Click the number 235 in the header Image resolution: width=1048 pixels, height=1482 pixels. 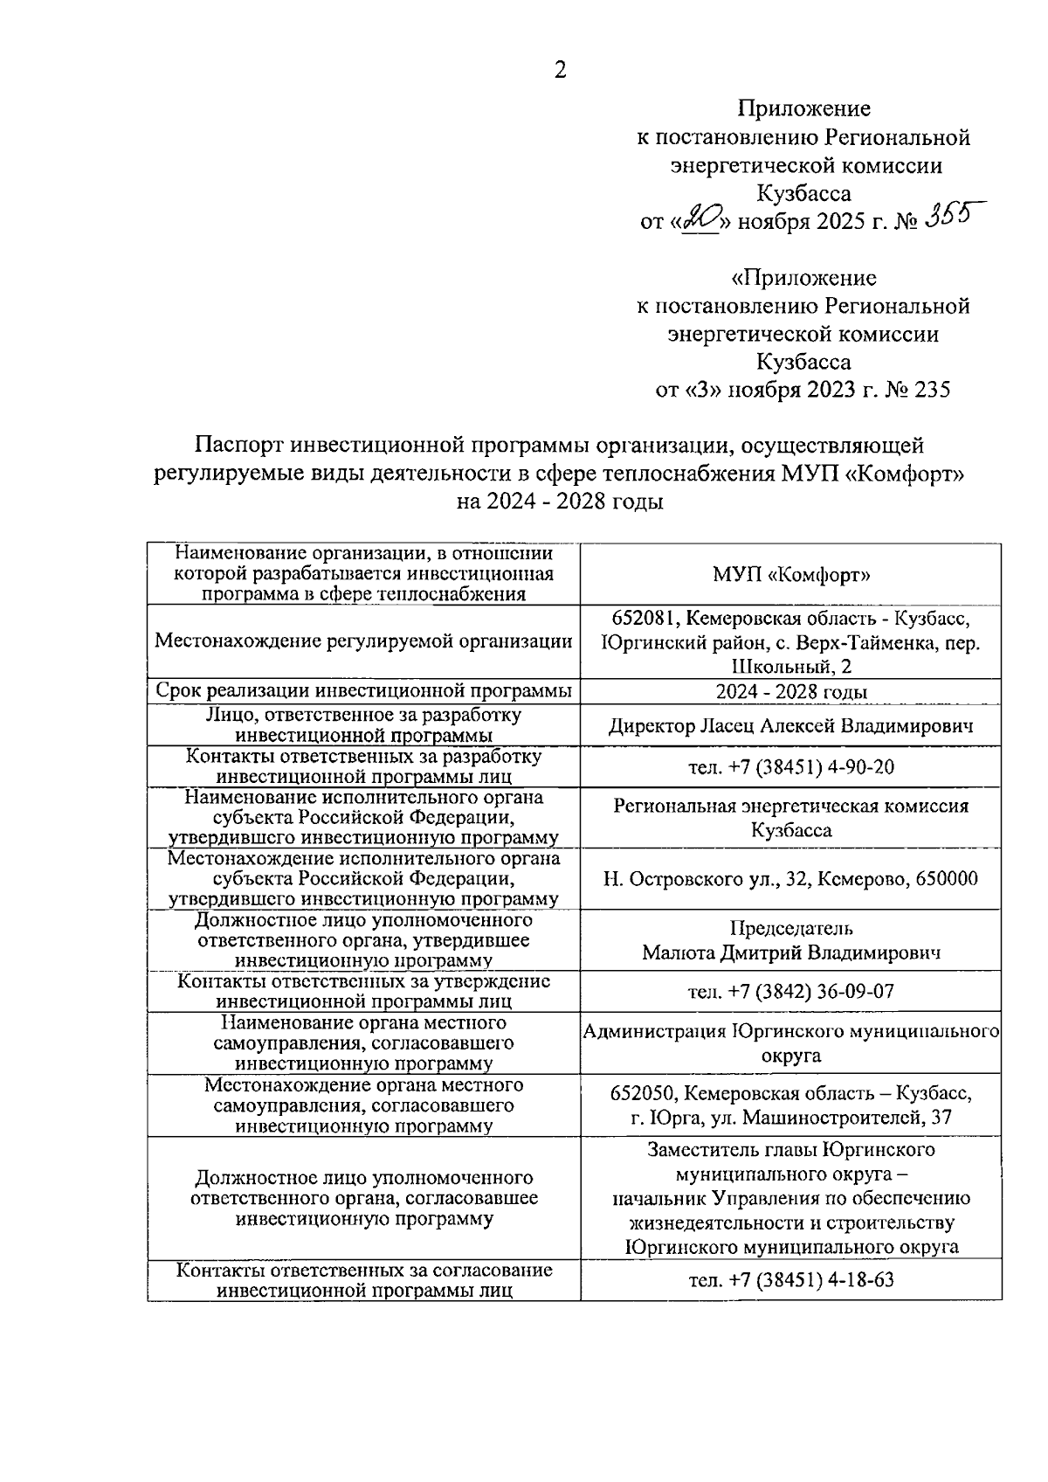(931, 389)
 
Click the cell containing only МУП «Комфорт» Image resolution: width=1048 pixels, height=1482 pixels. (791, 575)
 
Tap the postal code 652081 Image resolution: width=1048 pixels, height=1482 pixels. (642, 619)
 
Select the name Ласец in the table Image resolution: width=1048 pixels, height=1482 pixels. (730, 725)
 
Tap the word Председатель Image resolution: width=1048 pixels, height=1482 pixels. (791, 928)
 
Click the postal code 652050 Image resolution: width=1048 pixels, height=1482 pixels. (642, 1093)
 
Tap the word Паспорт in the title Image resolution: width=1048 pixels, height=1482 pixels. (238, 446)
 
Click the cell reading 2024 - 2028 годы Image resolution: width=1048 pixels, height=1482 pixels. (791, 692)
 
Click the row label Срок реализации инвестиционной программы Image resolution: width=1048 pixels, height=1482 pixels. (363, 690)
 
